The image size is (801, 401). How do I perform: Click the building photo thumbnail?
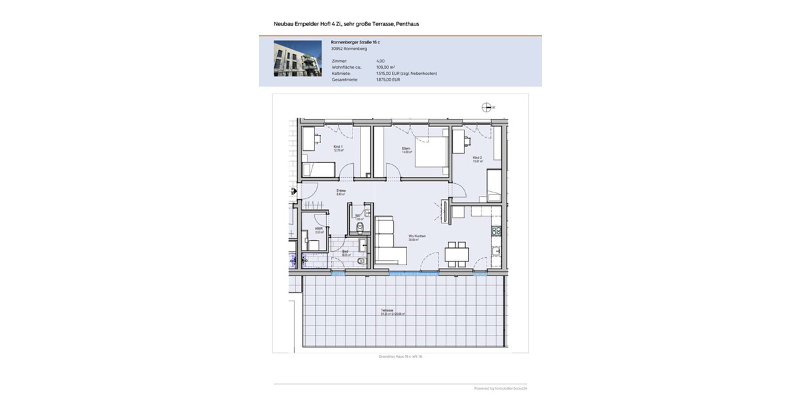[x=298, y=58]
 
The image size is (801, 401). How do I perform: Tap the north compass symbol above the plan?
[x=486, y=107]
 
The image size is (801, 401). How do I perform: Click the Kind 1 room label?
[x=338, y=148]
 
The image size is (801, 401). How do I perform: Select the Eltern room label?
[x=405, y=150]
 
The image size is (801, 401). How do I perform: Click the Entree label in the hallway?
[x=340, y=192]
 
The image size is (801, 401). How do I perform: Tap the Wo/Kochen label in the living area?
[x=417, y=237]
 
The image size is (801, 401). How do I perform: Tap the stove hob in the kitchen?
[x=495, y=233]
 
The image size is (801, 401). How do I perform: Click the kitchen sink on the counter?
[x=495, y=252]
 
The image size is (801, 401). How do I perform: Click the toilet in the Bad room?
[x=361, y=261]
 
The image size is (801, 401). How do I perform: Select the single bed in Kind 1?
[x=318, y=170]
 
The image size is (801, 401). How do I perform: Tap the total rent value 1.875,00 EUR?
[x=388, y=80]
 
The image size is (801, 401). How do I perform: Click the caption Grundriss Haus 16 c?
[x=400, y=357]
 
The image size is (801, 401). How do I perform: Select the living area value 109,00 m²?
[x=386, y=67]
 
